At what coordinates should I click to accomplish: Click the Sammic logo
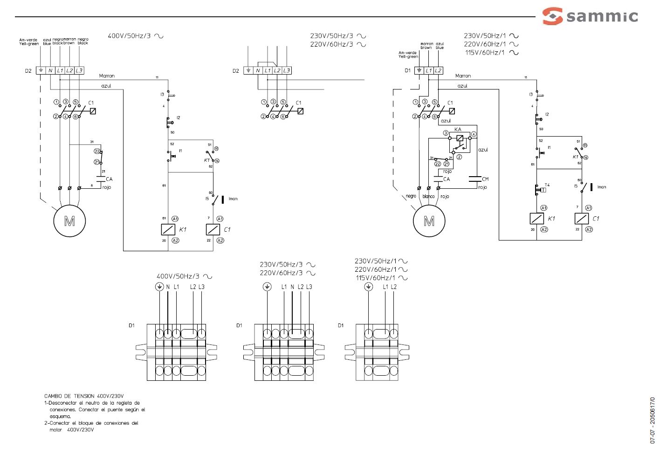(x=590, y=16)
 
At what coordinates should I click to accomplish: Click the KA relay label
(x=458, y=129)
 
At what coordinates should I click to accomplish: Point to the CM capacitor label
(x=485, y=179)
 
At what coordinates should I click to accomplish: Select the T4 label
(x=547, y=185)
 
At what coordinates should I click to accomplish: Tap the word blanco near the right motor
(x=428, y=197)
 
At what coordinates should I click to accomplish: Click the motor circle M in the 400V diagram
(x=69, y=221)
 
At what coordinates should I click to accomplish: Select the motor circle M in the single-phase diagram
(x=429, y=221)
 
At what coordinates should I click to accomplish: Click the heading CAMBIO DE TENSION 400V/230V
(x=84, y=396)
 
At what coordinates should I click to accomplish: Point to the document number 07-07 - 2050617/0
(x=653, y=420)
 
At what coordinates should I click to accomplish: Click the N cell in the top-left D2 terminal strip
(x=50, y=70)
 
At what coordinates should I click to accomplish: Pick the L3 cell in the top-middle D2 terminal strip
(x=287, y=70)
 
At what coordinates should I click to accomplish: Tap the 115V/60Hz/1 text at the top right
(x=485, y=53)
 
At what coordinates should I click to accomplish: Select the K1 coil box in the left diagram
(x=168, y=229)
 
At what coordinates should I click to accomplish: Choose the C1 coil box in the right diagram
(x=582, y=218)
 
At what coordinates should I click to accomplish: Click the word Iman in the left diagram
(x=233, y=199)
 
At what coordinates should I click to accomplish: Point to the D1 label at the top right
(x=407, y=70)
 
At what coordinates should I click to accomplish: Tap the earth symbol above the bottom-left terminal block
(x=159, y=287)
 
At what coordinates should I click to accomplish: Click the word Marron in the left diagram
(x=107, y=76)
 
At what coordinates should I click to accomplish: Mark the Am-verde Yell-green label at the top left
(x=29, y=42)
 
